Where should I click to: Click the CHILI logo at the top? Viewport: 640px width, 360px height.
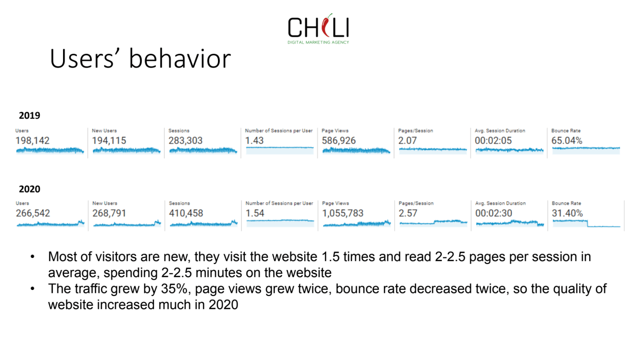pyautogui.click(x=318, y=28)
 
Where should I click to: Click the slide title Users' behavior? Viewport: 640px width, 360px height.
pyautogui.click(x=140, y=58)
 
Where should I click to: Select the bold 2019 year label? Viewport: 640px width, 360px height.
pyautogui.click(x=29, y=116)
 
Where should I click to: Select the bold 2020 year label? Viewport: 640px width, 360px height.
pyautogui.click(x=29, y=189)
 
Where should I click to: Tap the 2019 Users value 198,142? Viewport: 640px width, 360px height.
pyautogui.click(x=33, y=141)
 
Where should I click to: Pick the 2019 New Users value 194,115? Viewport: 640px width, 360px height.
pyautogui.click(x=109, y=141)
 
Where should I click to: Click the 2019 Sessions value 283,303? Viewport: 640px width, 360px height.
pyautogui.click(x=186, y=141)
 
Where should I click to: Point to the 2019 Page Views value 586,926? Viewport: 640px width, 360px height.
pyautogui.click(x=339, y=141)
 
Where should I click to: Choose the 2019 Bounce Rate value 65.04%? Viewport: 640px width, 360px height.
pyautogui.click(x=567, y=141)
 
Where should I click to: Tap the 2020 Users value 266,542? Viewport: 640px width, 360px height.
pyautogui.click(x=33, y=213)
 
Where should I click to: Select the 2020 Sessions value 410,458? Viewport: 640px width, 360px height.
pyautogui.click(x=186, y=213)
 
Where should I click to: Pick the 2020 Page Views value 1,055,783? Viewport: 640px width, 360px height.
pyautogui.click(x=343, y=213)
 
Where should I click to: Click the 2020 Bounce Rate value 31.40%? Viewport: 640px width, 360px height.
pyautogui.click(x=567, y=213)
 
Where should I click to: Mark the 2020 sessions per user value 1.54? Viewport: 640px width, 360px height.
pyautogui.click(x=255, y=213)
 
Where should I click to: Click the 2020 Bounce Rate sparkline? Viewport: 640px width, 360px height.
pyautogui.click(x=586, y=223)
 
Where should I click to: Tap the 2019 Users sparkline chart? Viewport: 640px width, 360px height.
pyautogui.click(x=50, y=150)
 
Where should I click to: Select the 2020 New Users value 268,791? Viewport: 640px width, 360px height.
pyautogui.click(x=109, y=213)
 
